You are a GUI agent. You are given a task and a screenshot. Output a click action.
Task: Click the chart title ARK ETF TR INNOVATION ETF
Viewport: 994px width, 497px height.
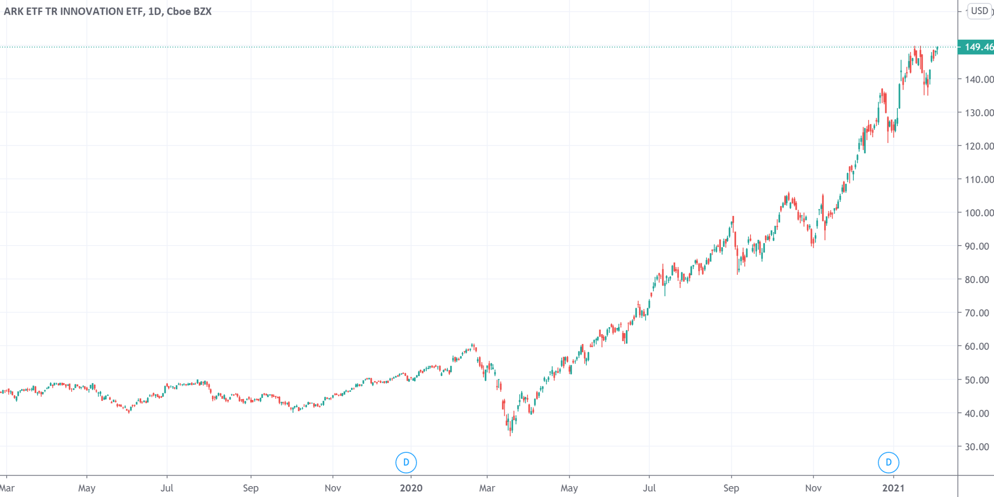tap(74, 11)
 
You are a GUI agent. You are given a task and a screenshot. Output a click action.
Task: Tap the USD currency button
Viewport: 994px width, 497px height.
tap(979, 11)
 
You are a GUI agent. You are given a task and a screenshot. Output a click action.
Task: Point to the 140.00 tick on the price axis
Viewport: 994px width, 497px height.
tap(979, 80)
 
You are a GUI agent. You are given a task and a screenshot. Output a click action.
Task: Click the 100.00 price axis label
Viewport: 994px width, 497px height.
tap(979, 213)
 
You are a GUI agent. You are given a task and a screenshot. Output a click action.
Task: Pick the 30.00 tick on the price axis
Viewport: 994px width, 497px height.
tap(976, 447)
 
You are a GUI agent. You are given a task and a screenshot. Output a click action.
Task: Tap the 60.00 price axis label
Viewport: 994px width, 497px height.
tap(976, 346)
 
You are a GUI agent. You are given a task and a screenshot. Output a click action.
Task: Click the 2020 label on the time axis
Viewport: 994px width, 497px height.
tap(411, 488)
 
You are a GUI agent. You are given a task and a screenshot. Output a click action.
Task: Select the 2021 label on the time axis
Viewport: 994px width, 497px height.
tap(893, 488)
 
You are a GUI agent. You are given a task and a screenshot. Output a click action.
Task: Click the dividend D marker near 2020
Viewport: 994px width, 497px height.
tap(406, 462)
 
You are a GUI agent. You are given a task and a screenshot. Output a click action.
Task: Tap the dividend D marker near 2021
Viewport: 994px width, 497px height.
tap(888, 462)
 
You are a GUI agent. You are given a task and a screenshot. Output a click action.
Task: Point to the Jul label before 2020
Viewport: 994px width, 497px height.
tap(167, 488)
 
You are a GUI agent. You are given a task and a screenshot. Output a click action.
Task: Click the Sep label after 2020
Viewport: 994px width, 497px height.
tap(731, 488)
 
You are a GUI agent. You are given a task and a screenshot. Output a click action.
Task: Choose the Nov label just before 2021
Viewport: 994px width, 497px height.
tap(813, 488)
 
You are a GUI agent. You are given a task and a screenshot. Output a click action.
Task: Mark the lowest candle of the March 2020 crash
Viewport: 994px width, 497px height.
tap(510, 428)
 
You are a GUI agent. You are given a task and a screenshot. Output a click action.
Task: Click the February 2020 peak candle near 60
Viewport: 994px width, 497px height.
tap(472, 346)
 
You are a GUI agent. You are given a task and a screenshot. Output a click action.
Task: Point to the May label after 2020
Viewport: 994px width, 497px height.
tap(569, 488)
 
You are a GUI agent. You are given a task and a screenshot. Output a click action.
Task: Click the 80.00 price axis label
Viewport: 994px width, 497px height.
tap(976, 279)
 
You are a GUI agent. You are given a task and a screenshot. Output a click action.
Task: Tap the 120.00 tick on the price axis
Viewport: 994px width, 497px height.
tap(979, 146)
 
